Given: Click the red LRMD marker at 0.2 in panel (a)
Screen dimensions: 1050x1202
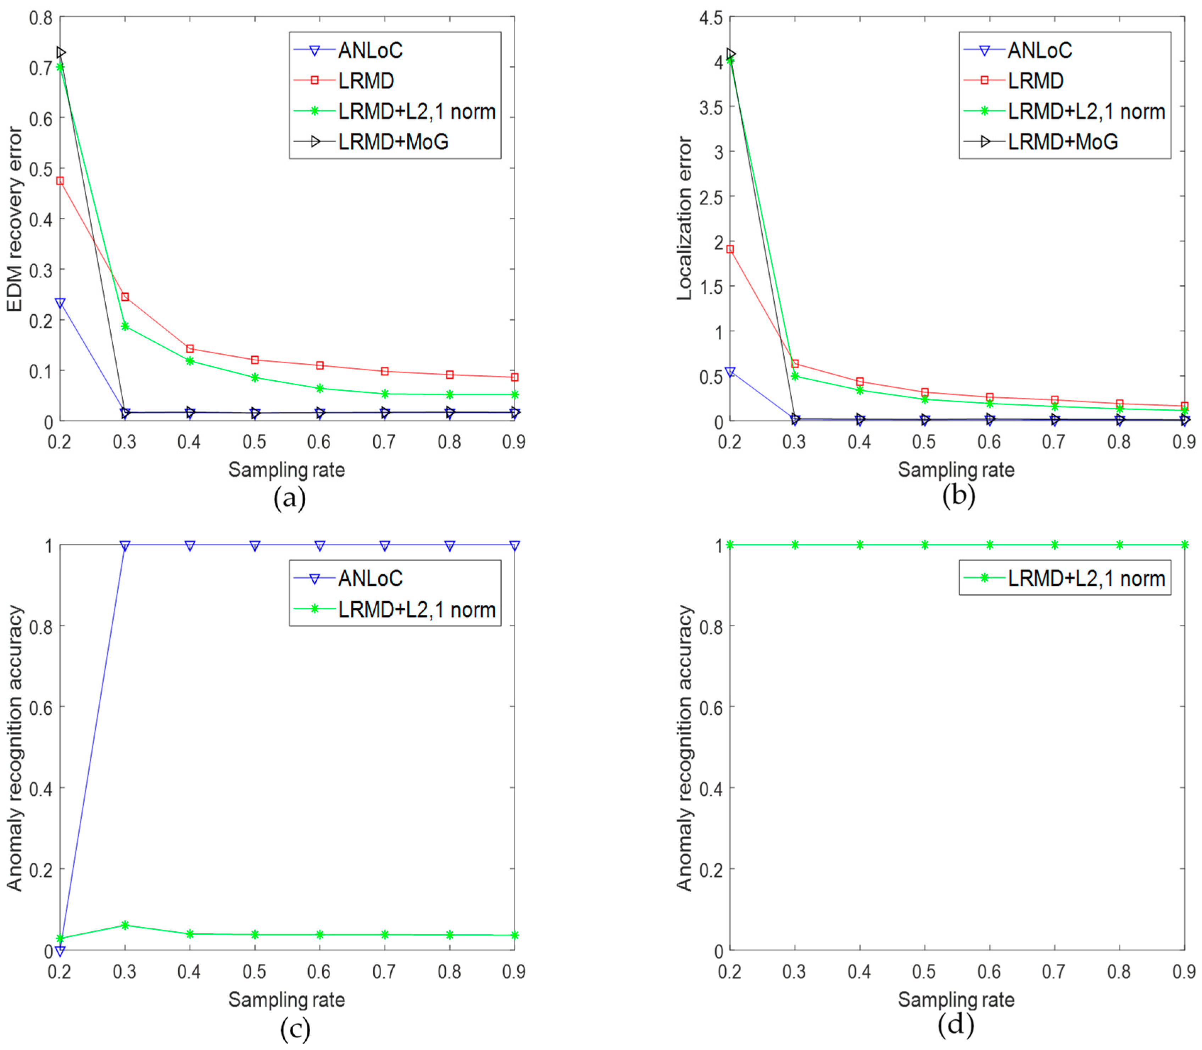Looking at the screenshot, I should click(x=60, y=181).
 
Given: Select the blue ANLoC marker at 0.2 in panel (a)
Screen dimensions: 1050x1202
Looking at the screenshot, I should click(x=60, y=303).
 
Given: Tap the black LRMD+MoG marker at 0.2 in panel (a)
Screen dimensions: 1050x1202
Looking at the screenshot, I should click(x=60, y=53).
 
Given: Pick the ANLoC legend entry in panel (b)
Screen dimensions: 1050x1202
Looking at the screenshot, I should click(x=1039, y=50).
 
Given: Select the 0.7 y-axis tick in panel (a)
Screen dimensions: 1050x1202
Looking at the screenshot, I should click(x=40, y=68).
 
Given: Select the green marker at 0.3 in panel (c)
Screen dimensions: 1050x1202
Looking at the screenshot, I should click(x=125, y=925).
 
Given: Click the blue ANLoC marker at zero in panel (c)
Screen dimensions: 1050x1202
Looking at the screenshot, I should click(x=60, y=950).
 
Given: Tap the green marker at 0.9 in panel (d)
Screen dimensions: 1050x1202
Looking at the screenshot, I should click(x=1184, y=545).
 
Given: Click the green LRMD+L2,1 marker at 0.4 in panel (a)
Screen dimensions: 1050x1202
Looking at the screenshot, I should click(x=190, y=361).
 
